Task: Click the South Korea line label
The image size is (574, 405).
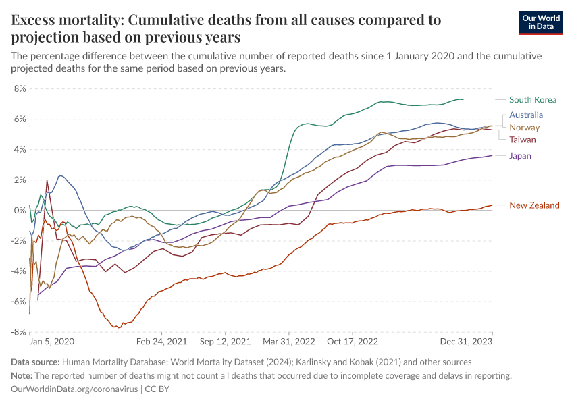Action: click(x=533, y=100)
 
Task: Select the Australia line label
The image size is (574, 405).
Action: click(x=526, y=115)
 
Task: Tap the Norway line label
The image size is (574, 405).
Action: click(x=524, y=128)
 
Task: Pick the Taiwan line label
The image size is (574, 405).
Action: click(x=523, y=140)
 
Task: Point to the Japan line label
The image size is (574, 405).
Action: click(x=520, y=156)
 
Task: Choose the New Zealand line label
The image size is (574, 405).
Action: click(x=534, y=205)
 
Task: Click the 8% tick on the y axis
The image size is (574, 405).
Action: click(x=20, y=88)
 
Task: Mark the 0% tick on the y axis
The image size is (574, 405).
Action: click(x=20, y=211)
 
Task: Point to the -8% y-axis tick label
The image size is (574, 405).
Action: click(x=18, y=332)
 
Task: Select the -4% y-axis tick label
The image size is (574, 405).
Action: click(x=18, y=271)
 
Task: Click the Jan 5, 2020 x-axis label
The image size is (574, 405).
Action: click(x=52, y=342)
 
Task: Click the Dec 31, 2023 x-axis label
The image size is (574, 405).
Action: click(x=471, y=342)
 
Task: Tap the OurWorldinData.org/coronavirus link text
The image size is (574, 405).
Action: click(x=74, y=389)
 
